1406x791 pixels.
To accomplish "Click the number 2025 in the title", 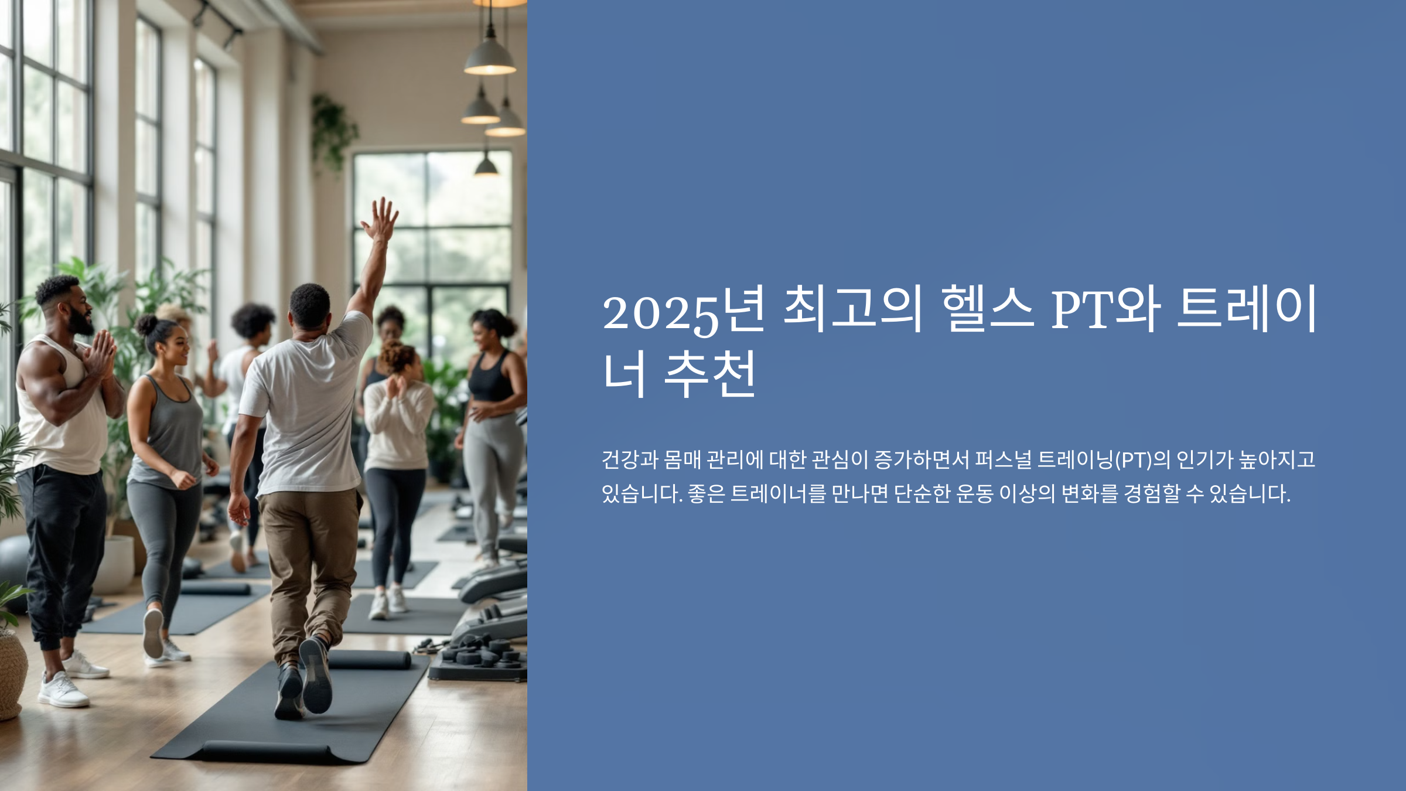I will coord(661,312).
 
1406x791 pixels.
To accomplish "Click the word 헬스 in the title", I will coord(987,308).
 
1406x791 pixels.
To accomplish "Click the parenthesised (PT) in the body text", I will coord(1133,460).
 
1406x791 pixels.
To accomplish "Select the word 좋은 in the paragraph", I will coord(706,494).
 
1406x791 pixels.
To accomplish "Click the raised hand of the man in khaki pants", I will coord(381,220).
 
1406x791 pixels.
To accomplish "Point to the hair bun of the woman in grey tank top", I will coord(145,324).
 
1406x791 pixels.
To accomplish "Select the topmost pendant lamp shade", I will coord(490,59).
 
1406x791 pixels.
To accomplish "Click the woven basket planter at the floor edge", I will coord(11,674).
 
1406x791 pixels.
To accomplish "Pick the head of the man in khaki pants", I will coord(309,306).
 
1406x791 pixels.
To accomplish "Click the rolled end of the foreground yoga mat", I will coord(267,752).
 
